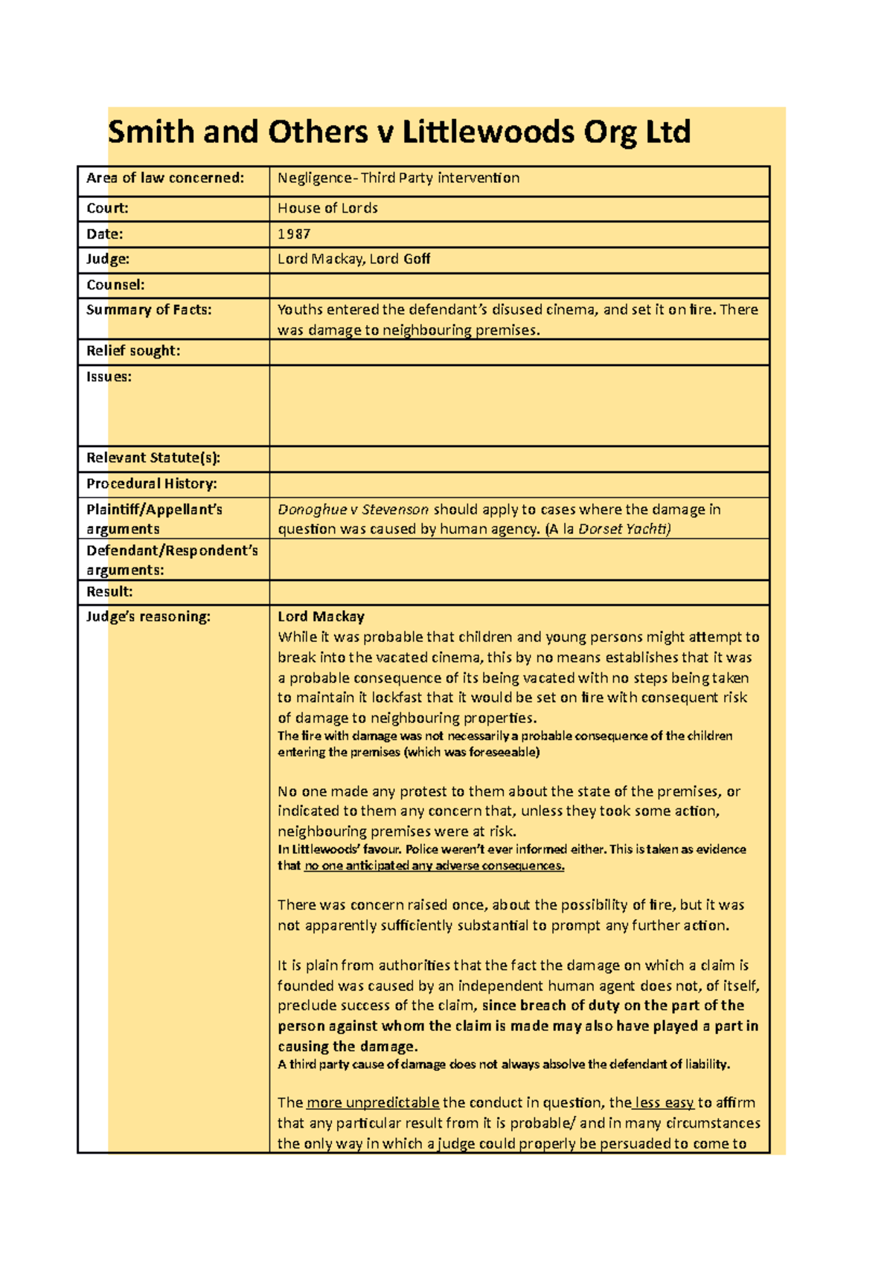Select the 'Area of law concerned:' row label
165,178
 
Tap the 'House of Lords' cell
327,208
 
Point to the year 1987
294,234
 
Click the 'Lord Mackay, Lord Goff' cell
353,259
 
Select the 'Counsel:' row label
115,285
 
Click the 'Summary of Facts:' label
149,309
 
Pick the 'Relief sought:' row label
133,350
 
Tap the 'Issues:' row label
109,377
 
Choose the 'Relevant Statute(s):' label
153,457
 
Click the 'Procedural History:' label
152,483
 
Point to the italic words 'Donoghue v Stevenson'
353,510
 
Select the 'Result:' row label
109,591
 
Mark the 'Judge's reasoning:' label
148,617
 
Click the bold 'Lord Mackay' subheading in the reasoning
321,617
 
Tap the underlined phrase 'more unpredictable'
373,1102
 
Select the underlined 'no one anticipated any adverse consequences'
434,866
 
